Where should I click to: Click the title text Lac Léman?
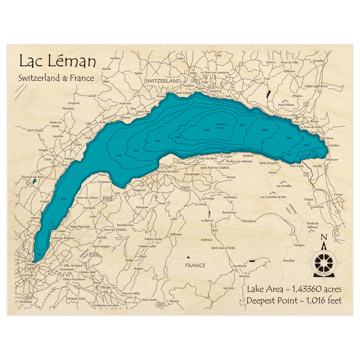tap(58, 62)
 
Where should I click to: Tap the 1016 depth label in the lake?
tap(207, 130)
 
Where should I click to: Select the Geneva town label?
tap(30, 265)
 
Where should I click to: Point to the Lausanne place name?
tap(215, 91)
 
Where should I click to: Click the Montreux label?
tap(327, 138)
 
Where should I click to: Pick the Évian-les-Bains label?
tap(207, 158)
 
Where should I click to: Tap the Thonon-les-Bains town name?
tap(167, 171)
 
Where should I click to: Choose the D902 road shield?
tap(185, 188)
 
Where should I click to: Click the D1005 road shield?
tap(108, 198)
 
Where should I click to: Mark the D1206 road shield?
tap(94, 255)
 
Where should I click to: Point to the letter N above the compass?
tap(324, 237)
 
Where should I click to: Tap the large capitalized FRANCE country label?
tap(195, 265)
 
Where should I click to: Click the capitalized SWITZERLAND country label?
tap(163, 81)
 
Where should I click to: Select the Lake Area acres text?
tap(294, 289)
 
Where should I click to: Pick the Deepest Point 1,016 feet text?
tap(294, 301)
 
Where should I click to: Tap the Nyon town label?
tap(65, 165)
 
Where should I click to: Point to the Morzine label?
tap(244, 276)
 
